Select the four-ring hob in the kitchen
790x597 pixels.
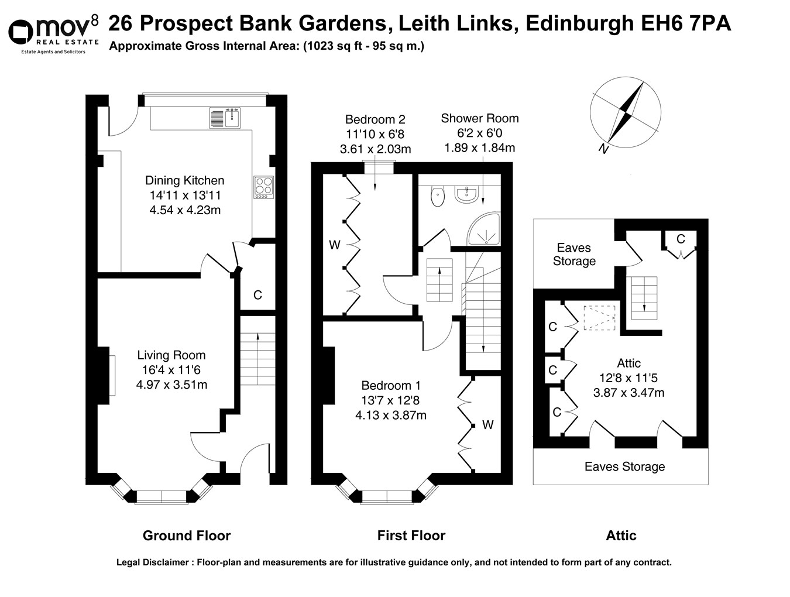263,187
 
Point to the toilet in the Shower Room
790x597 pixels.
437,197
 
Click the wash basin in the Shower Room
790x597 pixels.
466,195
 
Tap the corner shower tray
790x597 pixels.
485,230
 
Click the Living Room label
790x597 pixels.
171,355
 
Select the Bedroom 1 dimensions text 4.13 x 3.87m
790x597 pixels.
390,416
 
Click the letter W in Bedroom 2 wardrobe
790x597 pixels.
334,245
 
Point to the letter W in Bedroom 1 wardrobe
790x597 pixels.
487,425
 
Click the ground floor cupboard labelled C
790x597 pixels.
257,296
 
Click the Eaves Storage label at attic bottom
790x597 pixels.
624,466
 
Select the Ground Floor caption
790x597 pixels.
187,536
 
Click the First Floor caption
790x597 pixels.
411,536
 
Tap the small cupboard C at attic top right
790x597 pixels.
681,239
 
